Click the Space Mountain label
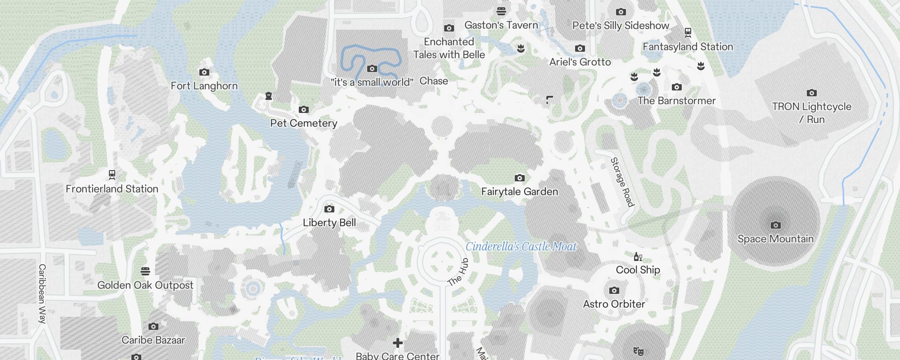click(x=775, y=239)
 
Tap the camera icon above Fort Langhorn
click(x=204, y=72)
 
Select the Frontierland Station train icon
click(x=112, y=175)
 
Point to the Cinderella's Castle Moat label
click(x=521, y=247)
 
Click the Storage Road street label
click(x=622, y=182)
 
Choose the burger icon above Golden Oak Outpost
click(x=145, y=271)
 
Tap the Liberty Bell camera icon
click(x=329, y=209)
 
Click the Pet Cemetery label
click(x=304, y=123)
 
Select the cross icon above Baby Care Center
click(x=398, y=343)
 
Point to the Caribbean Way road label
click(x=42, y=293)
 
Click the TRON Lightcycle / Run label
click(x=812, y=113)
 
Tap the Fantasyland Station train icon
click(x=688, y=32)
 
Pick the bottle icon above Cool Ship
click(x=638, y=257)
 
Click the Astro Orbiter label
click(x=614, y=304)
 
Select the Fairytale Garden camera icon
click(x=519, y=178)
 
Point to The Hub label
click(x=459, y=272)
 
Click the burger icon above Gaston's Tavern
click(x=501, y=11)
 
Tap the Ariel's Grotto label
click(x=580, y=62)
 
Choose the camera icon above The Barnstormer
click(x=676, y=87)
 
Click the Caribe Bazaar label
click(x=153, y=340)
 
